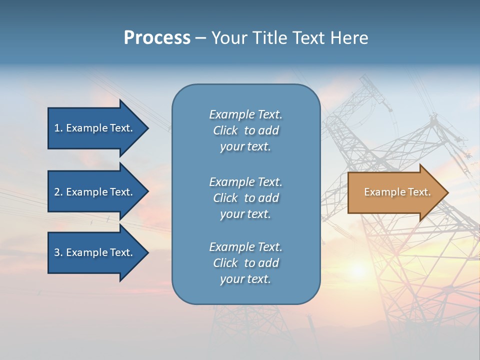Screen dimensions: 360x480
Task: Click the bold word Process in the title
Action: point(157,38)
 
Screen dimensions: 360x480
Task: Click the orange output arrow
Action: point(395,192)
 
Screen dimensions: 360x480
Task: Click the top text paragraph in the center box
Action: point(245,130)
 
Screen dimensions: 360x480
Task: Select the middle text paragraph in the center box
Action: point(245,198)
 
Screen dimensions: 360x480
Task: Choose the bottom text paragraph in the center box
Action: point(245,263)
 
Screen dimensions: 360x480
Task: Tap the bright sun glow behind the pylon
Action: point(358,270)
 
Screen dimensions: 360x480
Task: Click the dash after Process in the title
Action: point(200,38)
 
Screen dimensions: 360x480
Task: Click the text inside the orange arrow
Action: point(397,192)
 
